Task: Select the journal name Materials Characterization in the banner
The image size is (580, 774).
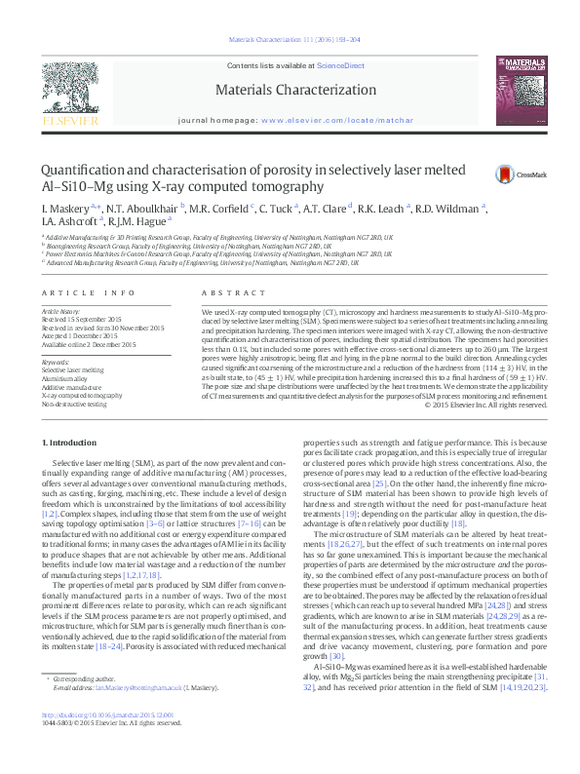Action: pyautogui.click(x=289, y=89)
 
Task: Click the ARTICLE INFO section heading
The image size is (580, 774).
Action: pyautogui.click(x=73, y=292)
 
